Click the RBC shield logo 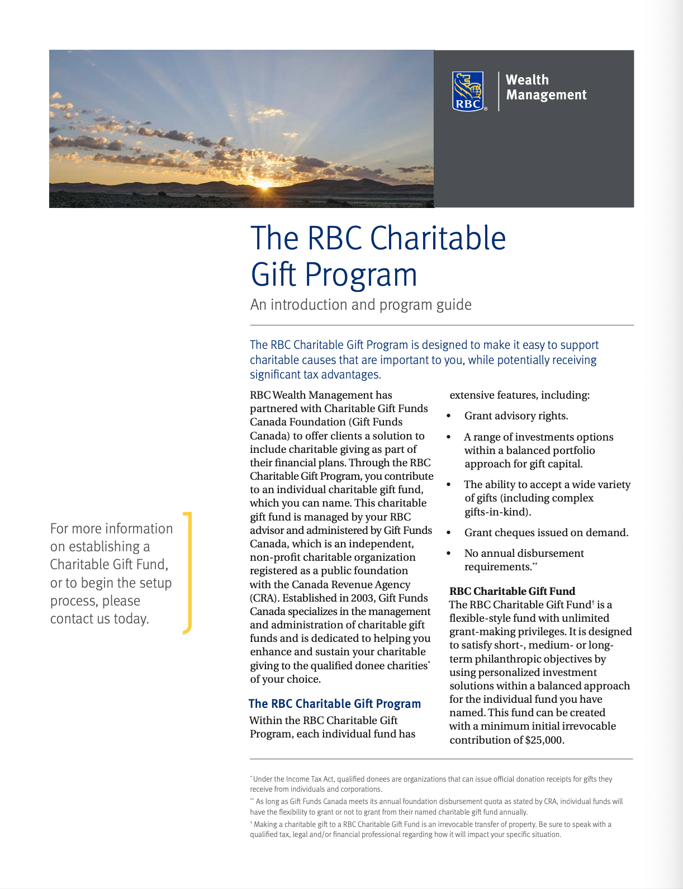tap(468, 91)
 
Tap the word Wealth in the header tap(527, 80)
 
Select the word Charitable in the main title tap(438, 238)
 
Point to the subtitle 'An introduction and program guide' tap(361, 305)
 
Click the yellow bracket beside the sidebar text tap(188, 573)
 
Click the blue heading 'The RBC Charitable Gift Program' tap(334, 703)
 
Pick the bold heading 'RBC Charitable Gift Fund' tap(512, 591)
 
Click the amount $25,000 tap(544, 740)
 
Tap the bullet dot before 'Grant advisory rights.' tap(449, 416)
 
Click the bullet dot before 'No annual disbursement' tap(449, 554)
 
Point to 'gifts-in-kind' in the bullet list tap(495, 512)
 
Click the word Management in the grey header tap(546, 95)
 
